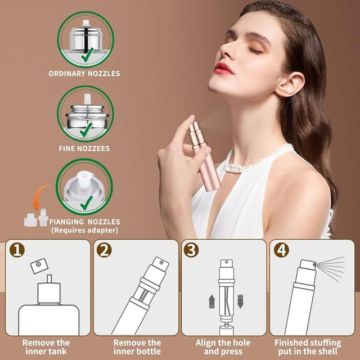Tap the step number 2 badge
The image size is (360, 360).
tap(104, 250)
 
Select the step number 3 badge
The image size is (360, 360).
tap(191, 250)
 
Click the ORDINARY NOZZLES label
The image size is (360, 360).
tap(84, 74)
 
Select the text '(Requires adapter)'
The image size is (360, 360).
tap(84, 230)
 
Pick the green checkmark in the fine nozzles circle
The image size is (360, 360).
tap(86, 130)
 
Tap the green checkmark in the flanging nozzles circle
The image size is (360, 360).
tap(86, 203)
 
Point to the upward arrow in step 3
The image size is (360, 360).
tap(211, 301)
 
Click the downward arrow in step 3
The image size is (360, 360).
tap(240, 301)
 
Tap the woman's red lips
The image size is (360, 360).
tap(223, 68)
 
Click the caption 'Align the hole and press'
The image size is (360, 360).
tap(223, 346)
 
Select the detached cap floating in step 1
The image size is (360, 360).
tap(39, 265)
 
